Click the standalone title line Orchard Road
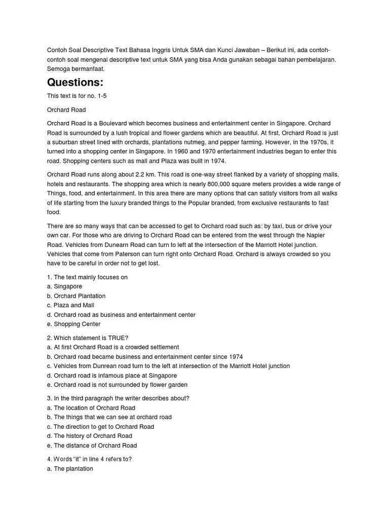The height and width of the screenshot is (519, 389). tap(66, 109)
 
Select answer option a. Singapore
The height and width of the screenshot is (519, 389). tap(64, 286)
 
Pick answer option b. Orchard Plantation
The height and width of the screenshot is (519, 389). tap(76, 296)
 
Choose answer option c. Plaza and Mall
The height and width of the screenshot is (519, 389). tap(70, 305)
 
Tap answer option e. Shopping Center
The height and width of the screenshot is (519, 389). tap(73, 324)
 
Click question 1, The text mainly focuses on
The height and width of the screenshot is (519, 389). tap(87, 277)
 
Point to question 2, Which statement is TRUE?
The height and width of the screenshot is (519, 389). tap(88, 338)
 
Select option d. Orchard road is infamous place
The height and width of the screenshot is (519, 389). tap(112, 376)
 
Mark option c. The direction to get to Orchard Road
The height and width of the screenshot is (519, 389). tap(100, 426)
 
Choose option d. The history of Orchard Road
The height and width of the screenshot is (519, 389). tap(89, 436)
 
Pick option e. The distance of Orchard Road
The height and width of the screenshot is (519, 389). tap(92, 446)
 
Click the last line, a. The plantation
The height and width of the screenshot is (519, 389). tap(70, 469)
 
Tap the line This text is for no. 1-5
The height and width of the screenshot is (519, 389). tap(77, 96)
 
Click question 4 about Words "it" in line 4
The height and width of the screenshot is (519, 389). tap(89, 459)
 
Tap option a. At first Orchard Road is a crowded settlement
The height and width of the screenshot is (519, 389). tap(113, 347)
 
